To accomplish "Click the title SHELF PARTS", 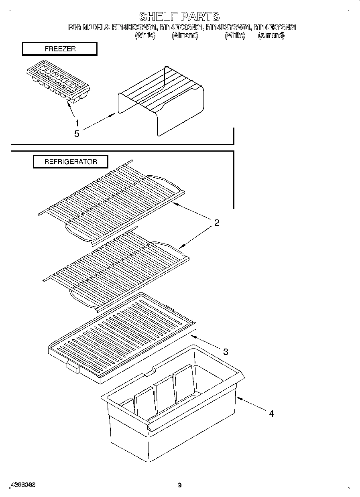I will [x=179, y=16].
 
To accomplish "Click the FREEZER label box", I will [x=59, y=49].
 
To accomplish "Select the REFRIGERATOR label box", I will [x=70, y=162].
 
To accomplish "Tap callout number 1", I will [x=77, y=123].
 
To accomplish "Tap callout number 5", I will [x=77, y=134].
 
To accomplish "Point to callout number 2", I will [x=216, y=223].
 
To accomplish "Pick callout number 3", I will [x=226, y=352].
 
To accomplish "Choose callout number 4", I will [x=271, y=414].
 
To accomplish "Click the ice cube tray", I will [x=59, y=83].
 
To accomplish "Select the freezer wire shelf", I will [x=161, y=100].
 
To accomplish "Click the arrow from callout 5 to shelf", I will [x=98, y=122].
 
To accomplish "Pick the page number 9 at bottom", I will [x=180, y=485].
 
